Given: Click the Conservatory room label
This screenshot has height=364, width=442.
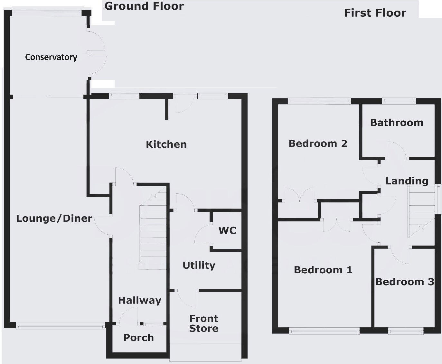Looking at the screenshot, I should (51, 57).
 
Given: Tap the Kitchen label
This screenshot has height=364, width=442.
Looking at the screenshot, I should (166, 144).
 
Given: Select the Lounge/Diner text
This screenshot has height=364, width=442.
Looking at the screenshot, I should (54, 219).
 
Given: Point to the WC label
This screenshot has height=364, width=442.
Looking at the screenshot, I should (227, 230).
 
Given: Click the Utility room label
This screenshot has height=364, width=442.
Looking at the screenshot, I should (199, 265).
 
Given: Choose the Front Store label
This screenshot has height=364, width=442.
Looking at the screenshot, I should (204, 323).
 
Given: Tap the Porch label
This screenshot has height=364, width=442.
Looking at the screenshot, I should (138, 338).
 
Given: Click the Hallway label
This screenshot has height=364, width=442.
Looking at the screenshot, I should (139, 300).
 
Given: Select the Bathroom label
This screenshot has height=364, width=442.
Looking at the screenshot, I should (397, 123).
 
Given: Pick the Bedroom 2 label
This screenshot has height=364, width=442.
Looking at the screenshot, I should (318, 143).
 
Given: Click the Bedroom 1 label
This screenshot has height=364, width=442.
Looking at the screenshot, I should (323, 270).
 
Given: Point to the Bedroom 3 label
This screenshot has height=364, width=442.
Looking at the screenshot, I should (405, 282).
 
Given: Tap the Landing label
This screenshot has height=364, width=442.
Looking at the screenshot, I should (407, 181).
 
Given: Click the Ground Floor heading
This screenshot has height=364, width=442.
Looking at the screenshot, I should (144, 6).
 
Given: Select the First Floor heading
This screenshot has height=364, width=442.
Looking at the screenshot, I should (375, 13).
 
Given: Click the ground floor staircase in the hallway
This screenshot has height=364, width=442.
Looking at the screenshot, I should (153, 235).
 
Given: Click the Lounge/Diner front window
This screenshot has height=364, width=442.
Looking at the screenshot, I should (61, 326).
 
